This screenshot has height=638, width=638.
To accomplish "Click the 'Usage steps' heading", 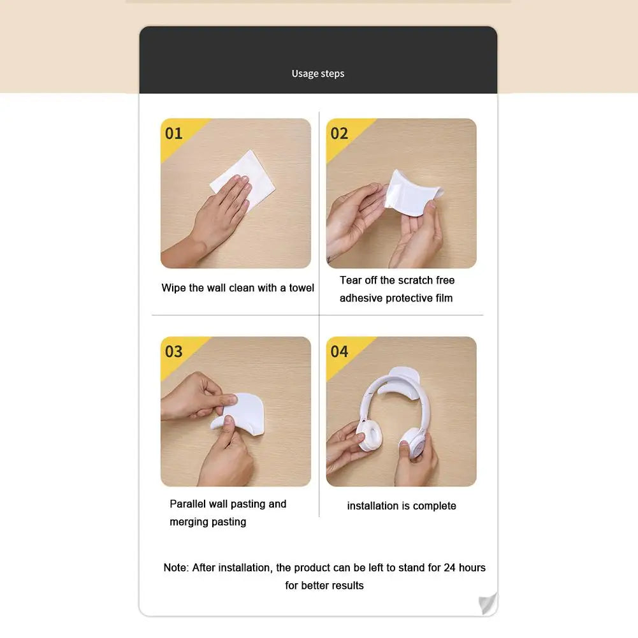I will pos(318,74).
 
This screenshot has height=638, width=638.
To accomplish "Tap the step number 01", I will pos(174,133).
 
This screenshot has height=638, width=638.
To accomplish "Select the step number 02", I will pos(340,133).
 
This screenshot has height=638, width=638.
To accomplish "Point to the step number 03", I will pos(174,351).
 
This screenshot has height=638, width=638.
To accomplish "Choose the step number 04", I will pos(340,351).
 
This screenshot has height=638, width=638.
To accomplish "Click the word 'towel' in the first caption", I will pos(301,288).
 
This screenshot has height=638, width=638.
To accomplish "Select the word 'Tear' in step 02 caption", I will pos(351,280).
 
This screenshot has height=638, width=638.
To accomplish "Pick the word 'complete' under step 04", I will pos(435,506).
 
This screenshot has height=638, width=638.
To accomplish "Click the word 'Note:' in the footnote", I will pos(176,568).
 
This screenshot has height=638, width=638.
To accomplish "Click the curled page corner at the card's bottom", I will pos(488,603).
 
